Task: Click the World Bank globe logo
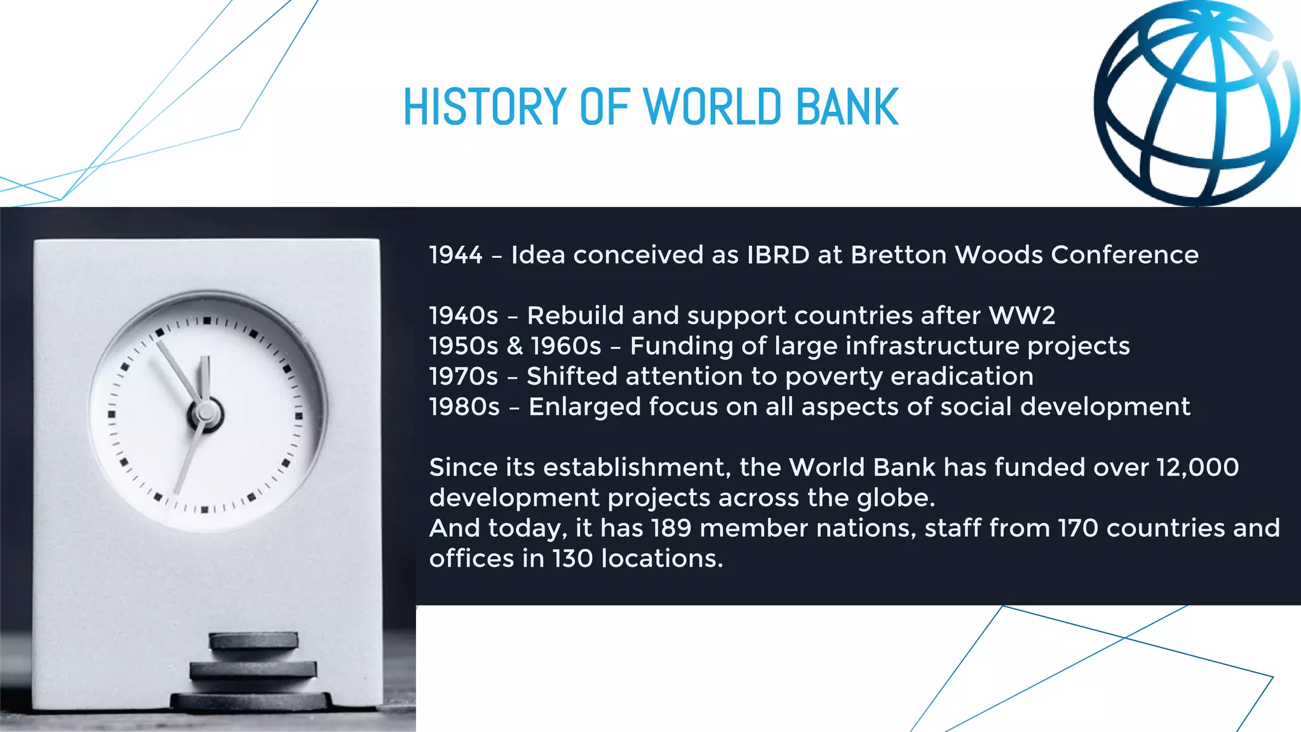click(1196, 103)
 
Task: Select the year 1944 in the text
click(455, 255)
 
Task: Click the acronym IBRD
click(778, 255)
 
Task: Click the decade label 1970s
click(463, 376)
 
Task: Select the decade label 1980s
click(464, 407)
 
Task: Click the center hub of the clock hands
click(205, 414)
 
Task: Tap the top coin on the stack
click(253, 640)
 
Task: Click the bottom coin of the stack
click(252, 701)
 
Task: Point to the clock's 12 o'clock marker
click(206, 320)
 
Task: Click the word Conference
click(1124, 255)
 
